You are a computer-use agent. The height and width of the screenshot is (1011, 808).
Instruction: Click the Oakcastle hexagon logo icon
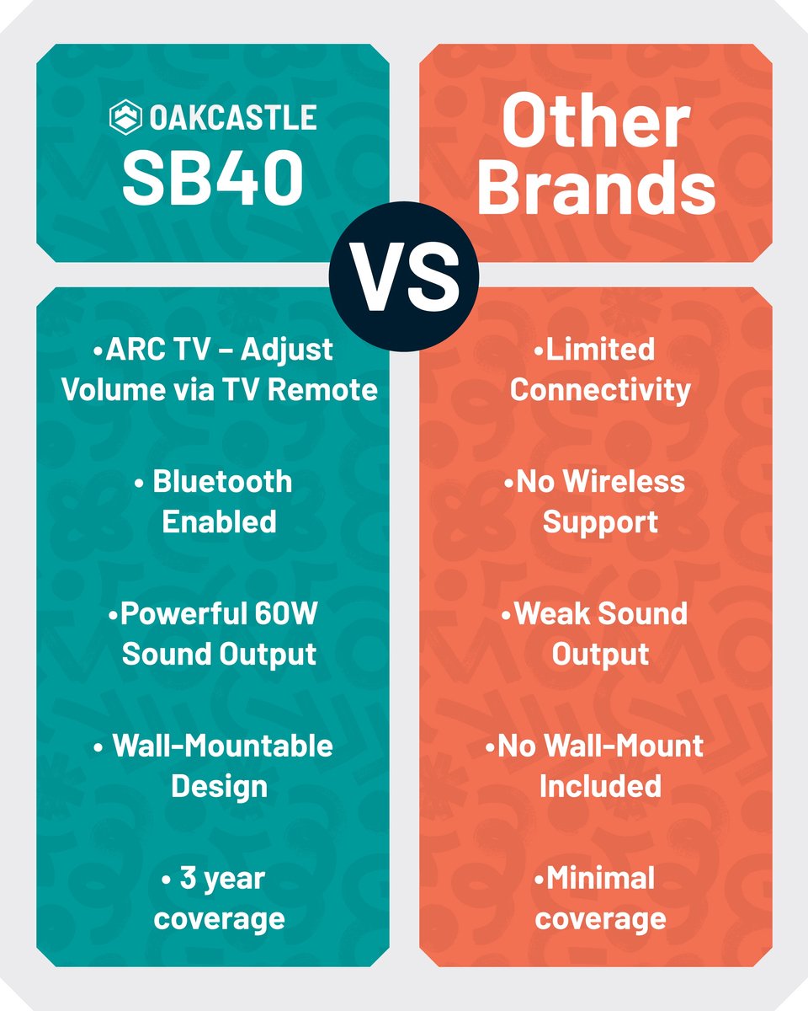click(125, 117)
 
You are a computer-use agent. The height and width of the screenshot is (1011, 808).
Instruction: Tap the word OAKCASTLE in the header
click(233, 117)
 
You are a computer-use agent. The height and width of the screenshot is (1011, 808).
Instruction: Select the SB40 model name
click(213, 179)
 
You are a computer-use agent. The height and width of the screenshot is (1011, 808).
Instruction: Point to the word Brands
click(596, 186)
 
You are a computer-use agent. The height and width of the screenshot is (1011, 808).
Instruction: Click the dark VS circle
click(404, 276)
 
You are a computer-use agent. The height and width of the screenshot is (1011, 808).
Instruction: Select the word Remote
click(322, 390)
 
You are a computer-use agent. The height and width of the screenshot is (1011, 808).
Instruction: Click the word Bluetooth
click(222, 482)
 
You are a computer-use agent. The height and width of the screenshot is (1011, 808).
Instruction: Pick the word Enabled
click(219, 522)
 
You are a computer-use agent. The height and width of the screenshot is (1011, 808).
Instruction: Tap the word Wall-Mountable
click(222, 746)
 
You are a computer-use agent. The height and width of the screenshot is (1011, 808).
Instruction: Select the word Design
click(219, 786)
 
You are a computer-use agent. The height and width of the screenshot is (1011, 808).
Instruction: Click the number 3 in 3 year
click(188, 878)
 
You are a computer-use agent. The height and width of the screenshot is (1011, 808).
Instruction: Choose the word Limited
click(600, 350)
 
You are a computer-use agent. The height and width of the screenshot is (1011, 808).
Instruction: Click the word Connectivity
click(600, 390)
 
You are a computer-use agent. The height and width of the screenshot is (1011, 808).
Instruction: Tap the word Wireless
click(624, 482)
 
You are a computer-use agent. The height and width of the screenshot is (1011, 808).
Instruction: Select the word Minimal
click(600, 878)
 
